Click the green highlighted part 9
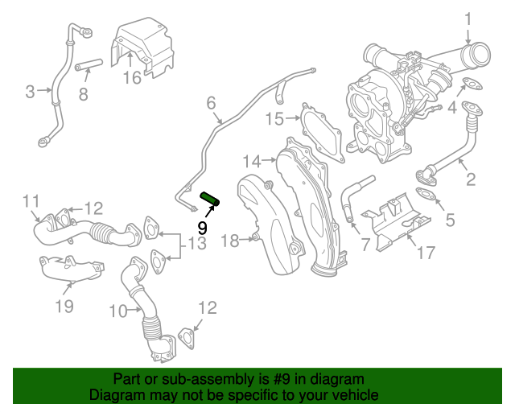(211, 198)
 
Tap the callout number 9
(202, 228)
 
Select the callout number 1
(468, 18)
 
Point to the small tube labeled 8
(88, 65)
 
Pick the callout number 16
(131, 78)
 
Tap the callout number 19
(64, 305)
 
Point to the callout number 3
(31, 91)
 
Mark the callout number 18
(229, 240)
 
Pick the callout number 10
(117, 310)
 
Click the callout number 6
(212, 103)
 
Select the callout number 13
(197, 244)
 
